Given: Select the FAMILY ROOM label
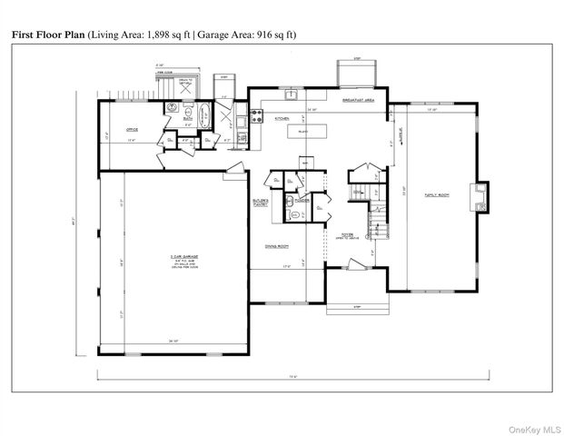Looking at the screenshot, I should point(438,194).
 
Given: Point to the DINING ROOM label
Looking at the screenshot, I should point(276,246).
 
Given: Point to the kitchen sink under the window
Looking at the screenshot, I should point(292,94).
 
